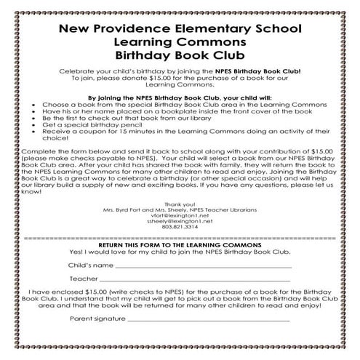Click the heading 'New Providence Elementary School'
coord(180,31)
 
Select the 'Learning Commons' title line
coord(180,43)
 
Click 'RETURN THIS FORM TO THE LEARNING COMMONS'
coord(180,245)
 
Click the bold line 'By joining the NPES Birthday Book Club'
coord(180,96)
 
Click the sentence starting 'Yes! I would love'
coord(180,252)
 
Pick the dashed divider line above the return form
coord(180,238)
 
